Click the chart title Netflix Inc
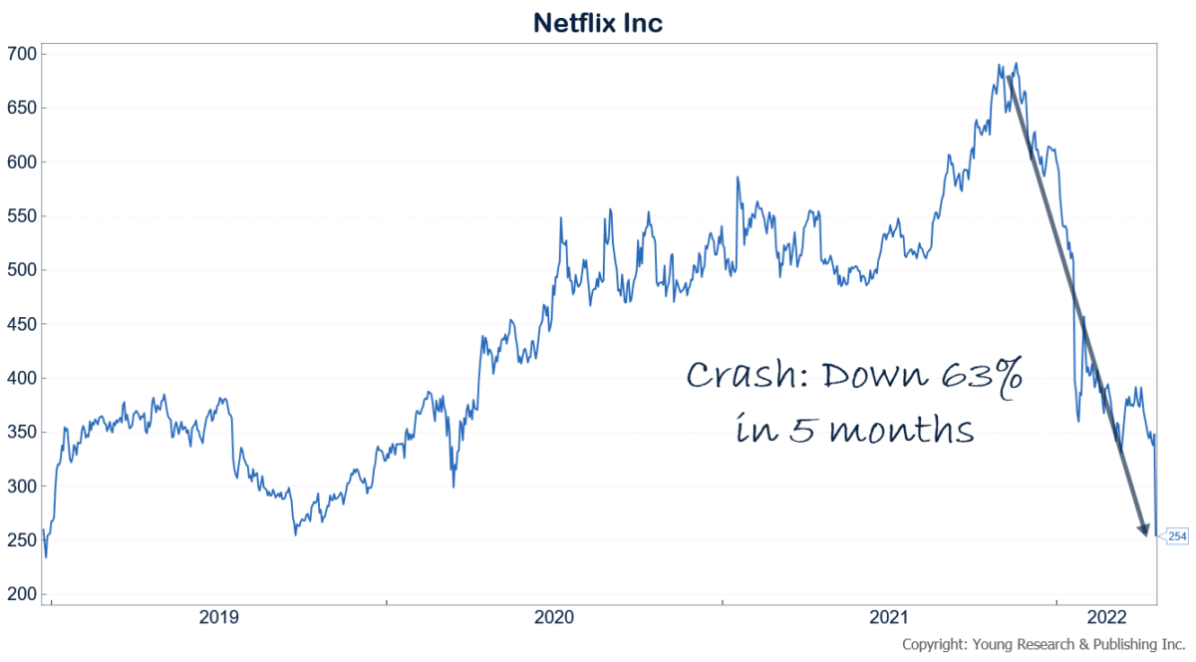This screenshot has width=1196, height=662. point(598,22)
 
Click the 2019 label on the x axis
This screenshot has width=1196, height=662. point(218,618)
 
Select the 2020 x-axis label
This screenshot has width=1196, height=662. point(553,618)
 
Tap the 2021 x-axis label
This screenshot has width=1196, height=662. point(889,618)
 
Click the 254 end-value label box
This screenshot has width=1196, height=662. point(1176,536)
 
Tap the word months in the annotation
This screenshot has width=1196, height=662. point(900,432)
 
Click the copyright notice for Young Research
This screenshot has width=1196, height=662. point(1044,644)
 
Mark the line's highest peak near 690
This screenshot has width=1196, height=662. point(1015,65)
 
